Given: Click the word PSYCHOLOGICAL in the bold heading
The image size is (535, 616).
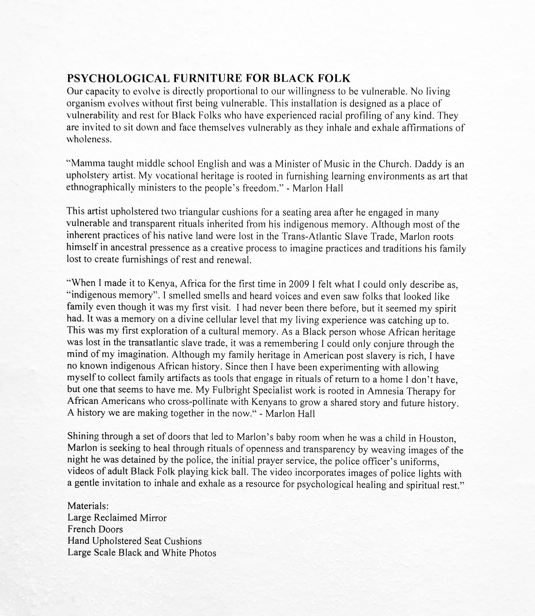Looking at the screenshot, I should coord(118,78).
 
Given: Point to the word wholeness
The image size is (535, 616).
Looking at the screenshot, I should coord(89,139).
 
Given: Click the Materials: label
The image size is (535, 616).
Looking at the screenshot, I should coord(88,506).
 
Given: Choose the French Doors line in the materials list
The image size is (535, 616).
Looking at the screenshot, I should coord(95,530).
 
